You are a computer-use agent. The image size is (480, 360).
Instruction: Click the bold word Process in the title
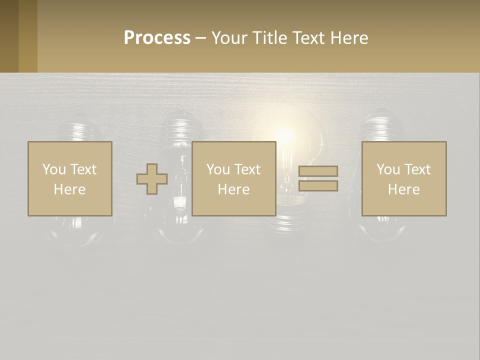pos(157,38)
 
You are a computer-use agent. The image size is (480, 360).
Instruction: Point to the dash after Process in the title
pos(200,38)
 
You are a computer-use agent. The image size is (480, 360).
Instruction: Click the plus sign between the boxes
pos(152,179)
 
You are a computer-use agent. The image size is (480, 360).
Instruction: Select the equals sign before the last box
pos(318,178)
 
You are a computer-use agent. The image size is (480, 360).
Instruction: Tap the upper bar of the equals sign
pos(318,171)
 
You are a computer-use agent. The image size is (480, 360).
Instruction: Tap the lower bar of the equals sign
pos(318,186)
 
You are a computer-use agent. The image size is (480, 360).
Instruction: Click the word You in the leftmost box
pos(54,169)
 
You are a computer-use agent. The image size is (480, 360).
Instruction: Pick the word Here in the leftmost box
pos(69,189)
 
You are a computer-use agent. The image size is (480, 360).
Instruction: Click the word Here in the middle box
pos(233,189)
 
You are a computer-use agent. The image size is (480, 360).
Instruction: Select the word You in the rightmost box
pos(388,169)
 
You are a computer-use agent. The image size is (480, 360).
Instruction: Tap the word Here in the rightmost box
pos(403,189)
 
